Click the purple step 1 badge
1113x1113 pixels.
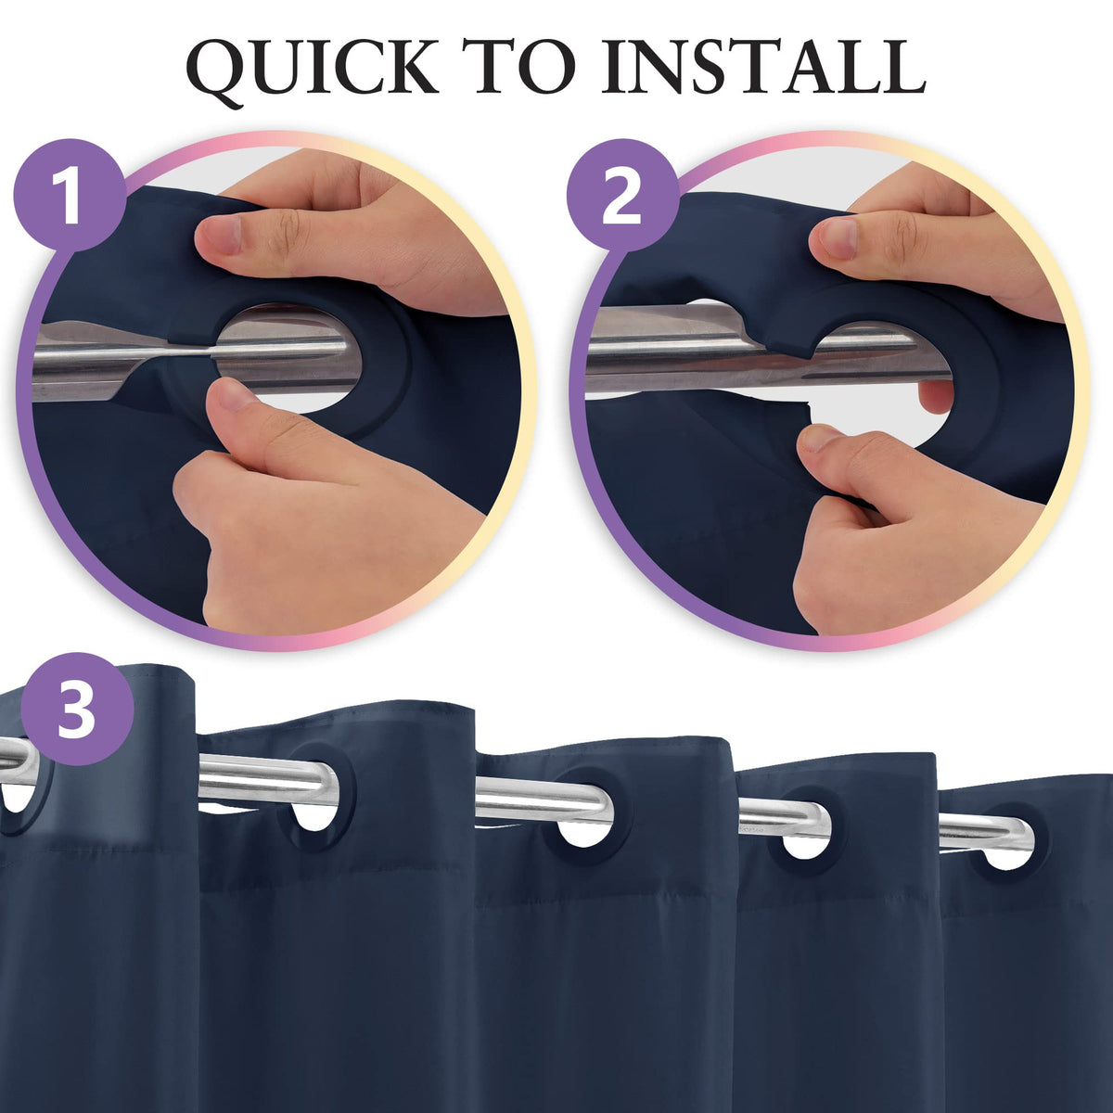tap(70, 196)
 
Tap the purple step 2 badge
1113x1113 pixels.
tap(622, 196)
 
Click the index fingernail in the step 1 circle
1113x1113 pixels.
tap(217, 237)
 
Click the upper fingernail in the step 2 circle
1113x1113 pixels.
tap(832, 238)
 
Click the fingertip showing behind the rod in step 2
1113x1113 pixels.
tap(935, 397)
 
